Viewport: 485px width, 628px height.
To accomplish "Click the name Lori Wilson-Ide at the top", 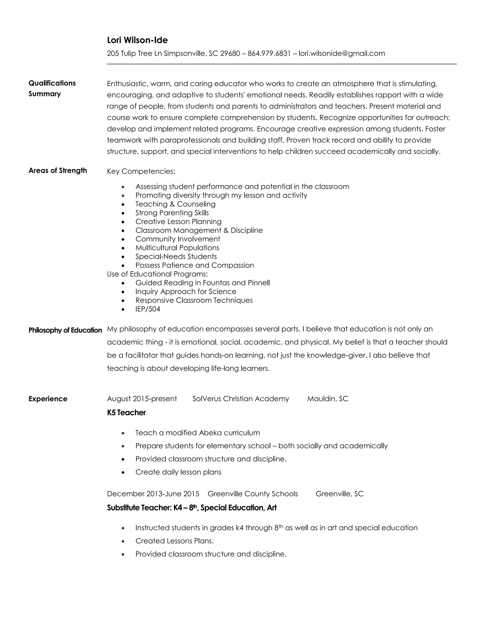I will click(137, 40).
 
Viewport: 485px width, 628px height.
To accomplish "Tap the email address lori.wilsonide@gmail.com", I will click(342, 54).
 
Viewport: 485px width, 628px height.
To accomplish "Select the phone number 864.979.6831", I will click(269, 54).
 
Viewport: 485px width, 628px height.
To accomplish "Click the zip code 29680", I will click(230, 54).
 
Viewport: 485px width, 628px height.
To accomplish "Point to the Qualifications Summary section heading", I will click(52, 88).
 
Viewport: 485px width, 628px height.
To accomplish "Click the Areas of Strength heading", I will click(58, 171).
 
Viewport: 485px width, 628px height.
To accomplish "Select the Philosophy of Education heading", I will click(65, 330).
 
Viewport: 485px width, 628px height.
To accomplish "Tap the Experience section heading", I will click(48, 399).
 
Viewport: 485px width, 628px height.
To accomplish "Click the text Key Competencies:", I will click(141, 171).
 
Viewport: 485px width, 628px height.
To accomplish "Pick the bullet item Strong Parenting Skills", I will click(172, 213).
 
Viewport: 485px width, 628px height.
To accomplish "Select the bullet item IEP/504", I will click(148, 309).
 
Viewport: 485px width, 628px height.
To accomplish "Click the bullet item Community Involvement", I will click(178, 239).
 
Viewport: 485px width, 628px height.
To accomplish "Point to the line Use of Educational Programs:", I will click(157, 274).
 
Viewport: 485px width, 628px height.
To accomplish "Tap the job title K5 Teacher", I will click(126, 413).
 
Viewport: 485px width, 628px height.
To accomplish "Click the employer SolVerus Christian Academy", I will click(241, 399).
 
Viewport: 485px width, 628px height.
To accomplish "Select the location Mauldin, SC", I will click(328, 399).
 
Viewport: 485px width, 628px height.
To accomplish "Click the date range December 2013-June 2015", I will click(153, 494).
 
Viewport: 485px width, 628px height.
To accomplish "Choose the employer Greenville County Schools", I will click(252, 494).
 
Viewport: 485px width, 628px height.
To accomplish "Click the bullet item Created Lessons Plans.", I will click(174, 541).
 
